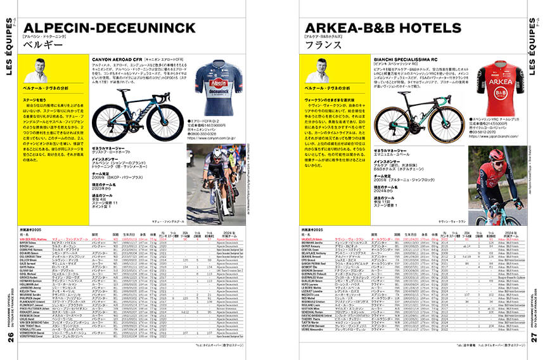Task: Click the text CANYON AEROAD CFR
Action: [118, 57]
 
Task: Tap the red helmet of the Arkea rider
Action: [496, 155]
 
